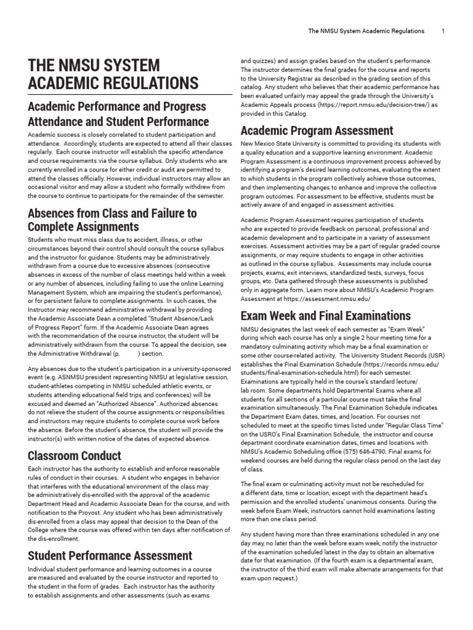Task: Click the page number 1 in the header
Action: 443,30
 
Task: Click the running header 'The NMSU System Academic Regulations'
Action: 366,30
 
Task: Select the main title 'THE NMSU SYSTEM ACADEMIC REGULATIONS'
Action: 113,74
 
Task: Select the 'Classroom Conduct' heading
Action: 75,456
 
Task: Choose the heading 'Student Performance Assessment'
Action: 110,556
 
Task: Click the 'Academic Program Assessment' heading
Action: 317,130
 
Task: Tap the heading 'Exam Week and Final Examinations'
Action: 326,316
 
